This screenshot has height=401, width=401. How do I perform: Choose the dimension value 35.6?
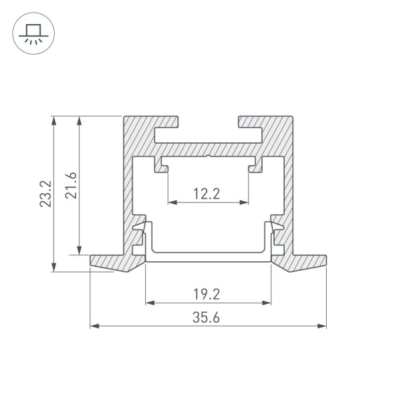(208, 317)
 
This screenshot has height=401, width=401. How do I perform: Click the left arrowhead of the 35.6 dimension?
(94, 327)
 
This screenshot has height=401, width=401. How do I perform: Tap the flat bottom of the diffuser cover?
(208, 257)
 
